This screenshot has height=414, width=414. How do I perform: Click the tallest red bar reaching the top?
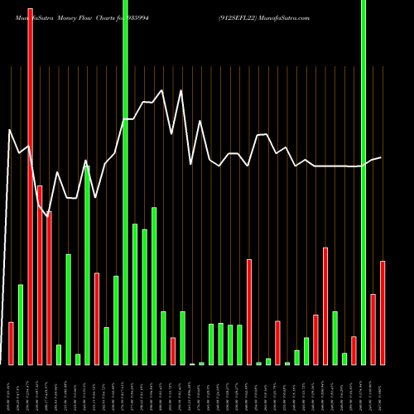click(x=31, y=182)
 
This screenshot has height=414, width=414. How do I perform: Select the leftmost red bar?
click(x=12, y=343)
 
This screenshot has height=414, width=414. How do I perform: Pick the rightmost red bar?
click(x=383, y=312)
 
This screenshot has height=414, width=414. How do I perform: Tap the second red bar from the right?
click(x=373, y=329)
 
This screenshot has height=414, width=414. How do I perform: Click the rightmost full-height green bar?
click(x=363, y=182)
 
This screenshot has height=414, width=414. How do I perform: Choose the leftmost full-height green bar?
click(x=125, y=182)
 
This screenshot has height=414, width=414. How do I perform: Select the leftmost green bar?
click(x=21, y=324)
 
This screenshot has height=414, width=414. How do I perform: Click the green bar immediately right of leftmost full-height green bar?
click(x=135, y=294)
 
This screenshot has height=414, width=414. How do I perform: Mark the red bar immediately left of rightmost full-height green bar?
click(x=354, y=350)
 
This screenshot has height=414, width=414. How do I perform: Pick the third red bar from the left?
click(x=40, y=275)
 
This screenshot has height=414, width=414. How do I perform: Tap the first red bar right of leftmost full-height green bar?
click(x=173, y=351)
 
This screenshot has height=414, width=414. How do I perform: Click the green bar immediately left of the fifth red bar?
click(x=87, y=265)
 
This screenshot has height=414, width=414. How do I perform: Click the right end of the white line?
click(x=382, y=157)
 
